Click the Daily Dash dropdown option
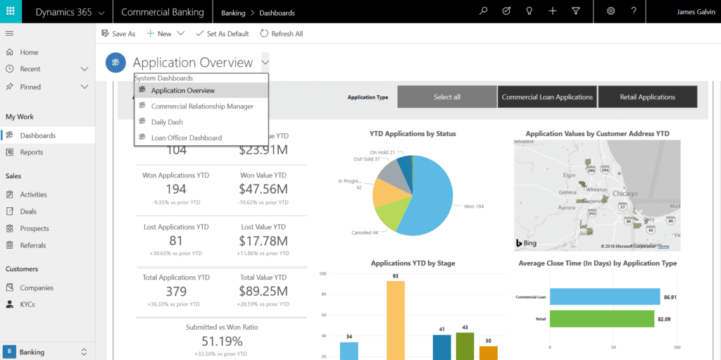pyautogui.click(x=167, y=122)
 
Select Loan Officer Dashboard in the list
pyautogui.click(x=186, y=138)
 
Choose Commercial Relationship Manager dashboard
pyautogui.click(x=201, y=106)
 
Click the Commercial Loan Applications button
pyautogui.click(x=547, y=97)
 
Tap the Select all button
pyautogui.click(x=447, y=97)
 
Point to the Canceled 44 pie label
pyautogui.click(x=365, y=232)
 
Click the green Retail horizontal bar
pyautogui.click(x=604, y=318)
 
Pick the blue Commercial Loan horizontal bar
pyautogui.click(x=604, y=297)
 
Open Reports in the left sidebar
pyautogui.click(x=32, y=152)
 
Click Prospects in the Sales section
pyautogui.click(x=35, y=228)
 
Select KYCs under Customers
pyautogui.click(x=28, y=304)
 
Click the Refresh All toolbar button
pyautogui.click(x=282, y=33)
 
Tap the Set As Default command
pyautogui.click(x=222, y=33)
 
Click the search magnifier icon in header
pyautogui.click(x=483, y=11)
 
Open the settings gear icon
pyautogui.click(x=610, y=11)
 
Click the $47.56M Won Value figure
pyautogui.click(x=263, y=189)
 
